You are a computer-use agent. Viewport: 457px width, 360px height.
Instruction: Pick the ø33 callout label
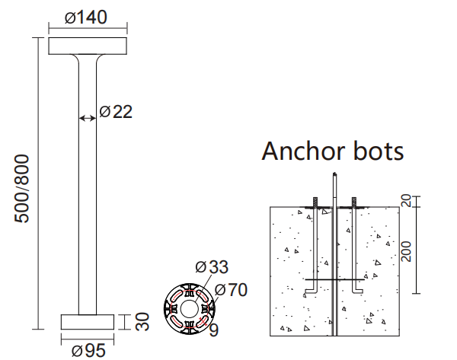tap(211, 267)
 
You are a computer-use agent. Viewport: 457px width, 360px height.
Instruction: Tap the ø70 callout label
tap(229, 289)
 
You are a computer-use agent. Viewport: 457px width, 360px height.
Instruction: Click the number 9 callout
tap(213, 330)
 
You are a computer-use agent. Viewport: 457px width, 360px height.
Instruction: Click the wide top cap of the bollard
tap(88, 45)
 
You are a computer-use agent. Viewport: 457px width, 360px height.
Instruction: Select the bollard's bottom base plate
tap(88, 322)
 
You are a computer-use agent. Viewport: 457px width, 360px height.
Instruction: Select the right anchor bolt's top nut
tap(355, 202)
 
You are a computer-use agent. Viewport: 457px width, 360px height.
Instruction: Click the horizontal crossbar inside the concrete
tap(334, 282)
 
